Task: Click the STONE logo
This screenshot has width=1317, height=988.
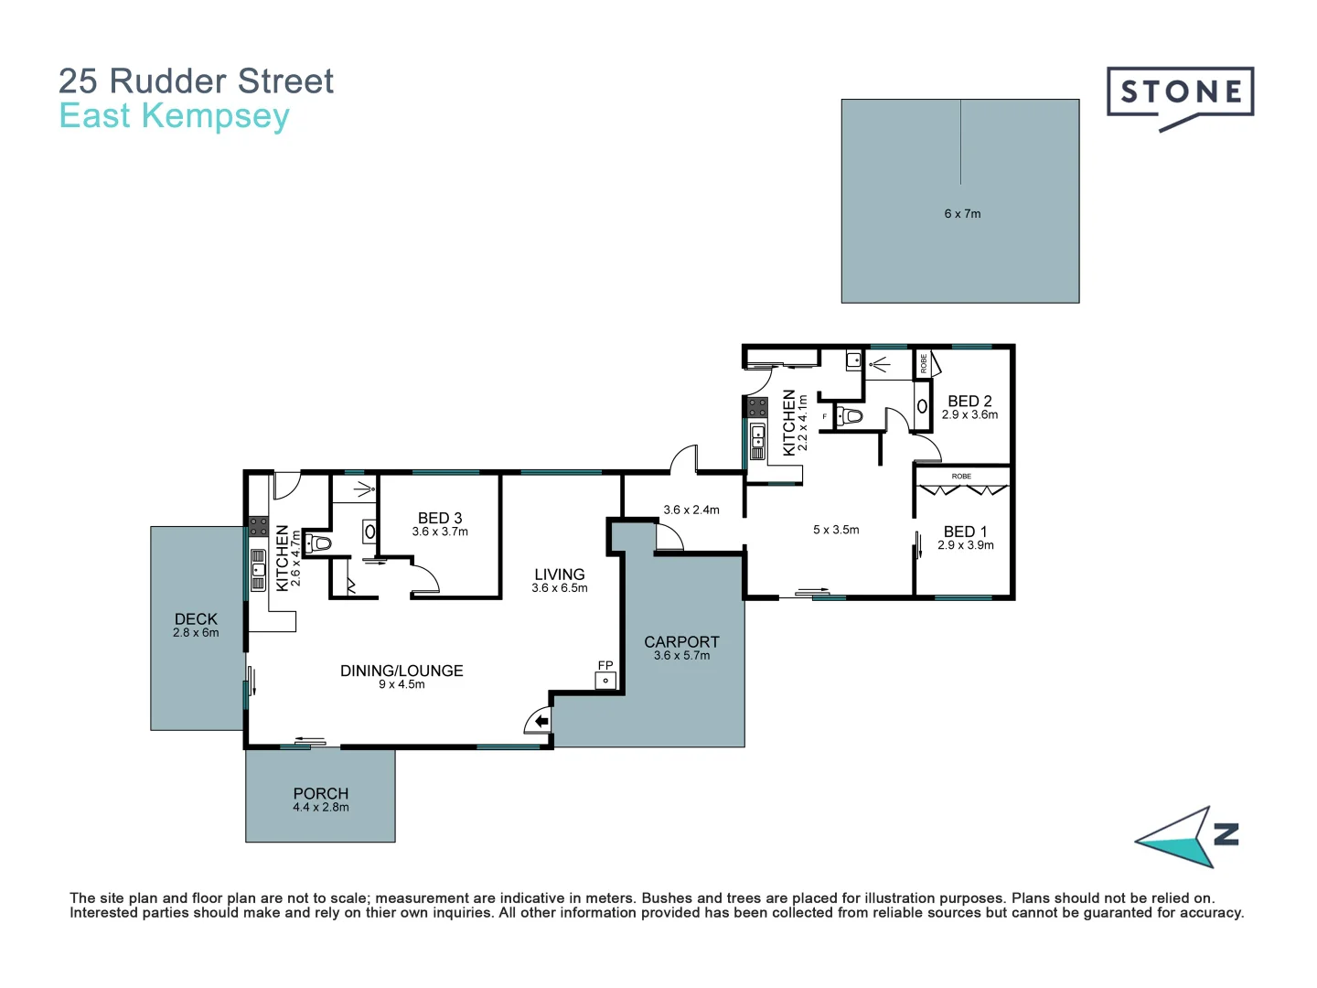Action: [x=1180, y=93]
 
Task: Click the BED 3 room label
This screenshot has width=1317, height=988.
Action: [x=440, y=519]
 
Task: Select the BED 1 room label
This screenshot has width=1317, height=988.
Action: [x=965, y=532]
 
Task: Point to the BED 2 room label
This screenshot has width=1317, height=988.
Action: [x=969, y=402]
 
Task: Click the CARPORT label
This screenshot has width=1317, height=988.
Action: [x=681, y=642]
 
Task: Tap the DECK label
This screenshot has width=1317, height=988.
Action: [x=196, y=619]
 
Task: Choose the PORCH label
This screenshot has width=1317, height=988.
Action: [x=320, y=794]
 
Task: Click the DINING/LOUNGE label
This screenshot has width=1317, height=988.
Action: [x=402, y=671]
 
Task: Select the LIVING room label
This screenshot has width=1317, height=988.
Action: [x=559, y=575]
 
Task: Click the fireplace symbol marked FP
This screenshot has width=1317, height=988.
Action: [x=605, y=680]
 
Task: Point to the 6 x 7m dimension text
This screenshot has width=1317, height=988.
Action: [x=962, y=214]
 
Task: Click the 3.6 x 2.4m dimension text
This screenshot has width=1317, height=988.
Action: [x=691, y=510]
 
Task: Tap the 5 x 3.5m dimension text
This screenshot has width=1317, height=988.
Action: [x=836, y=530]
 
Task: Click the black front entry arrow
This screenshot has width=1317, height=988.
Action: [x=541, y=722]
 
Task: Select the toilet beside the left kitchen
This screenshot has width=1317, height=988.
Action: [x=318, y=544]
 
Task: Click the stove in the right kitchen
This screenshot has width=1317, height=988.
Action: [x=757, y=407]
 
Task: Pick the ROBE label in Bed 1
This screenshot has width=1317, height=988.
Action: [x=961, y=477]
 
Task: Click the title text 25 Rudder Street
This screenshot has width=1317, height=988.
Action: [x=196, y=81]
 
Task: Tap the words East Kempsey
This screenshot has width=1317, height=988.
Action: [x=174, y=116]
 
